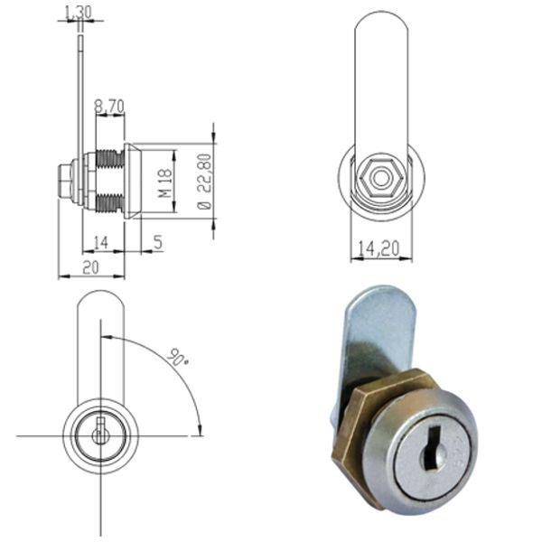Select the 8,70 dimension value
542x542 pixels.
[109, 106]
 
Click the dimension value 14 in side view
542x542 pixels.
[100, 241]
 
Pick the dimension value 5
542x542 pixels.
[157, 241]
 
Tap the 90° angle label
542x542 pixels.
[178, 359]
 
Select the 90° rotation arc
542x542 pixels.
[172, 370]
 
